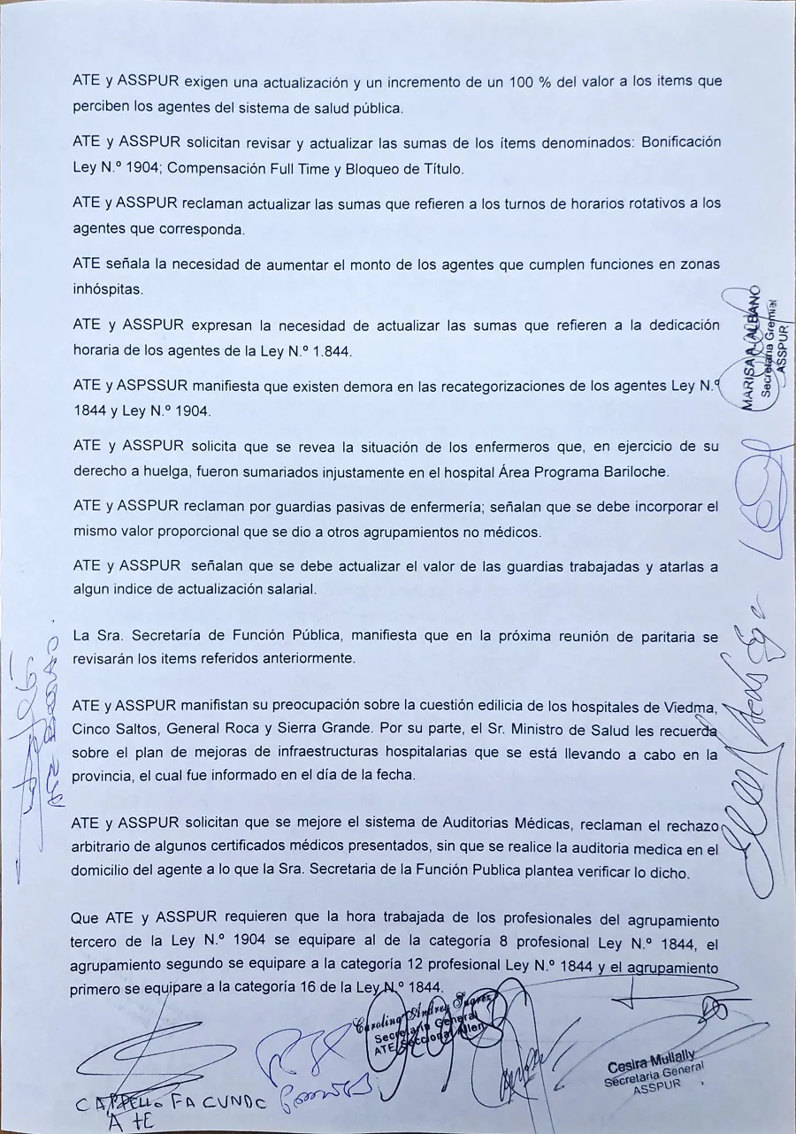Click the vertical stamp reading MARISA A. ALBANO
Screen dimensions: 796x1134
[762, 349]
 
